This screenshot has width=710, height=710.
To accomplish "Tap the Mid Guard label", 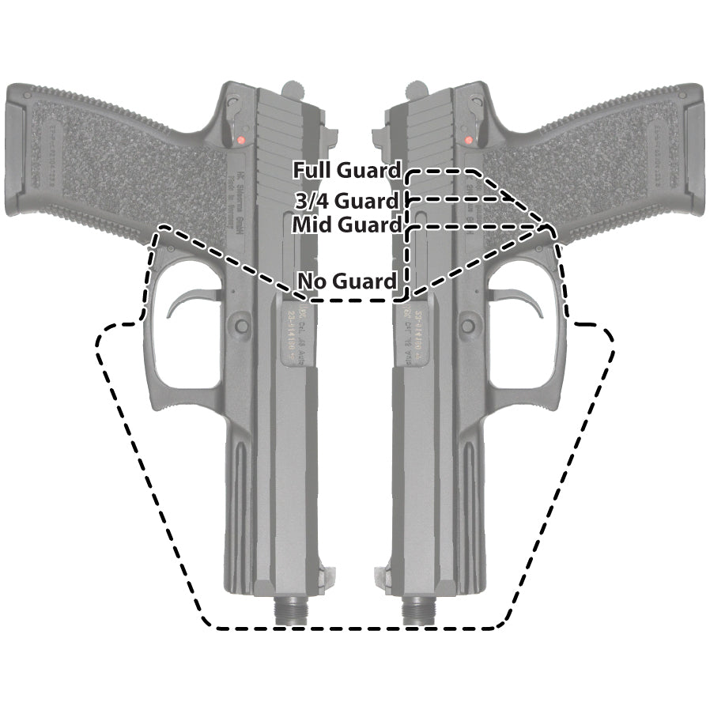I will tap(346, 225).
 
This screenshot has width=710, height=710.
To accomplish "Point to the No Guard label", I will tap(346, 281).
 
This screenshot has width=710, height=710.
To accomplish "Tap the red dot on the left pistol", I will tap(237, 140).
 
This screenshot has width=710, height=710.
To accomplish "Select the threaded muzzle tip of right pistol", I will tap(414, 611).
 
